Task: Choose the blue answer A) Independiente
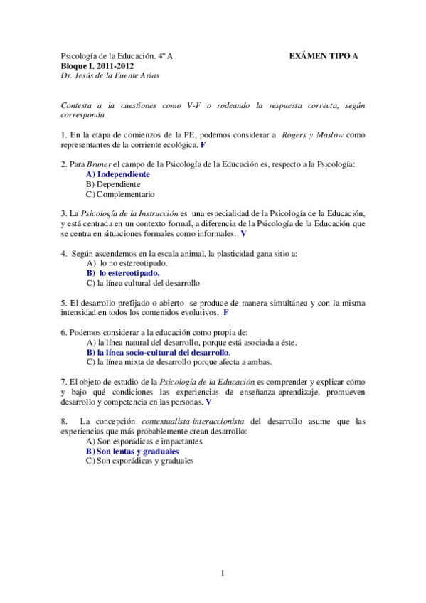117,174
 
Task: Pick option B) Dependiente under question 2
112,183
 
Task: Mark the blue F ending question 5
225,311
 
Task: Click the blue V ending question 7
208,401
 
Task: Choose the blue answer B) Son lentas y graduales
132,451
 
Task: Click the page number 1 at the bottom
222,573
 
